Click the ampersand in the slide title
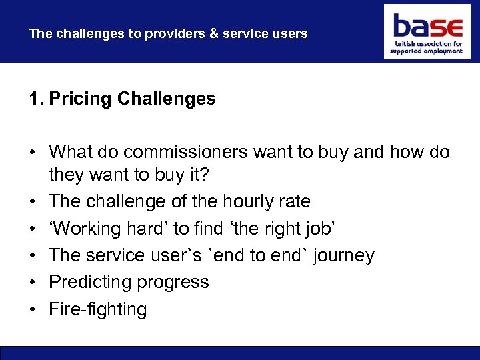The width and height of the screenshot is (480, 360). [x=213, y=33]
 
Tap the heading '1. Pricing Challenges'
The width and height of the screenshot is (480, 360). [x=122, y=99]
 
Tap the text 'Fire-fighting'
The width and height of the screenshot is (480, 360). [x=97, y=309]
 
